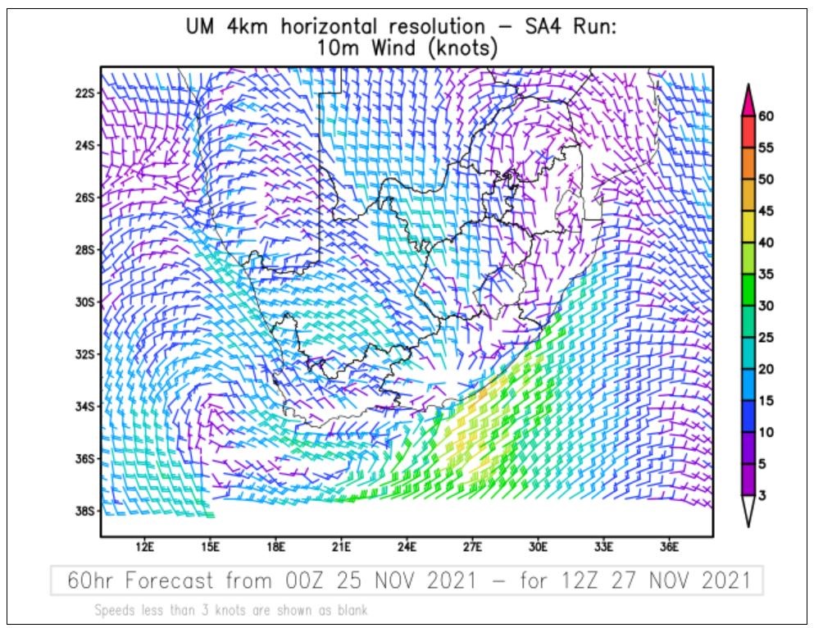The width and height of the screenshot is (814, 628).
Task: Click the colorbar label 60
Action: point(766,116)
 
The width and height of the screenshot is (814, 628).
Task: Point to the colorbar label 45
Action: point(766,211)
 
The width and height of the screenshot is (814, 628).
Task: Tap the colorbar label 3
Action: point(763,495)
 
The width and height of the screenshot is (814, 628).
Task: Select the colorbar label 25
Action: point(766,337)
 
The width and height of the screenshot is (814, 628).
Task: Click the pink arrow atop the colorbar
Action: point(748,99)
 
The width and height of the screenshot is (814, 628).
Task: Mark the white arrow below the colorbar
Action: point(748,512)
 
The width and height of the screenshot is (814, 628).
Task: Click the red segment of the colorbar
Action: point(748,132)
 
